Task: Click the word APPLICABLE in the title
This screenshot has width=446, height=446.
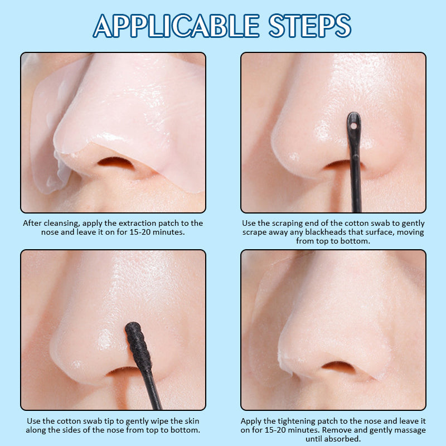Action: [x=176, y=26]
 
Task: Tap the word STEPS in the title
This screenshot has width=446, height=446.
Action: [x=310, y=26]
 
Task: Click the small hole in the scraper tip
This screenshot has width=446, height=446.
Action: [x=353, y=126]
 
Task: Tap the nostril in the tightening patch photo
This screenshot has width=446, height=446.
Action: [x=338, y=367]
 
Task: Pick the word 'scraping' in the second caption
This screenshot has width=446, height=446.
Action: [x=288, y=224]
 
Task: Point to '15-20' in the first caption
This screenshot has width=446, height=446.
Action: [x=139, y=232]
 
